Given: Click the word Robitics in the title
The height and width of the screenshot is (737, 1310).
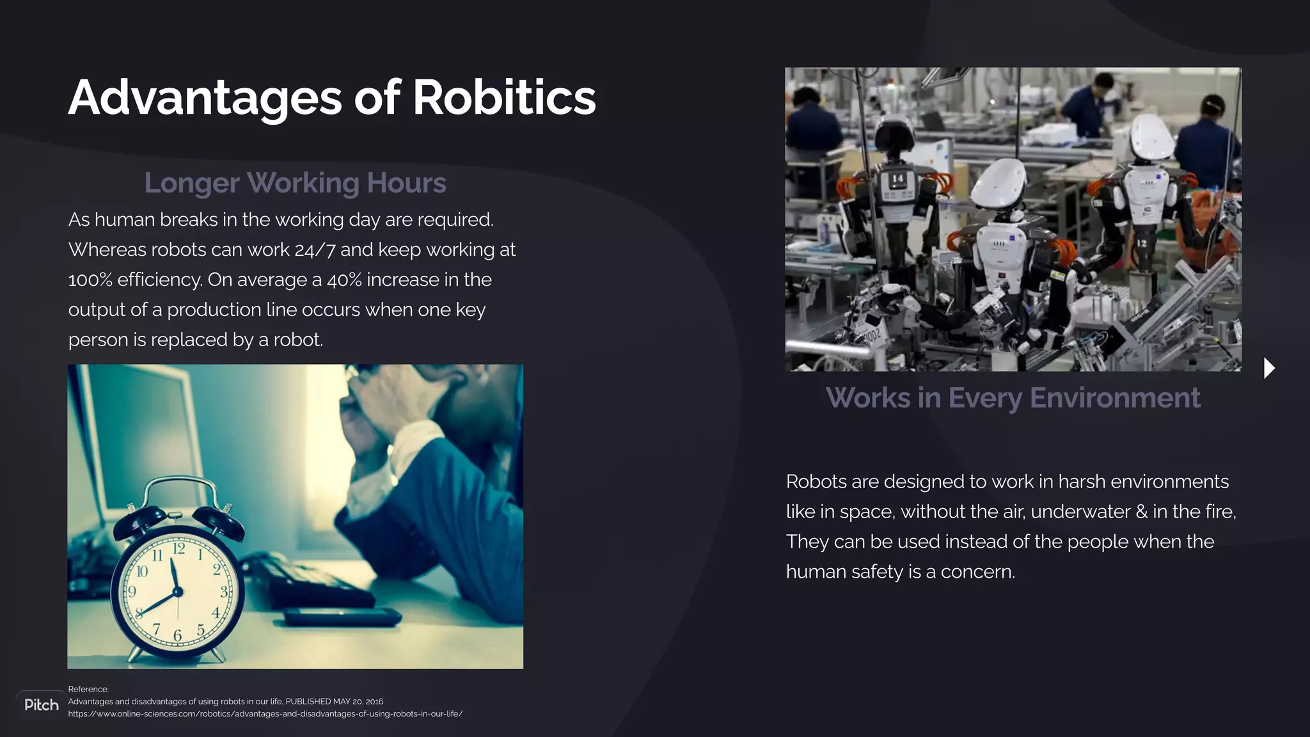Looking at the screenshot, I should point(504,98).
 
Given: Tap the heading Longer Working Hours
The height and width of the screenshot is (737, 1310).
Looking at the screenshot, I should point(295,183).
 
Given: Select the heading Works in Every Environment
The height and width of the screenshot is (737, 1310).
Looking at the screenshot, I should point(1013,398).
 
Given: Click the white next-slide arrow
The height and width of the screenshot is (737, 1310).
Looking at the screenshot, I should point(1269,368).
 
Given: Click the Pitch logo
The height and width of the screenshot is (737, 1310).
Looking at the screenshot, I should point(42,705).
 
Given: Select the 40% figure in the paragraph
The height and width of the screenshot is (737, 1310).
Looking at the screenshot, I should point(344,280).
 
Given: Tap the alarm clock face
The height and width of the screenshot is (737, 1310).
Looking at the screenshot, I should point(177,591).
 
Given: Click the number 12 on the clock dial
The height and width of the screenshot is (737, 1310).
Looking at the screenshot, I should point(179,548).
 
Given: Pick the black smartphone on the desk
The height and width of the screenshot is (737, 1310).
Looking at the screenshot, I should point(342,617).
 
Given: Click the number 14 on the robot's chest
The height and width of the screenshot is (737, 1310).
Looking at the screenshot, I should point(898,178).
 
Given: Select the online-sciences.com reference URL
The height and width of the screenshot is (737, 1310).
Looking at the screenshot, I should point(265,714).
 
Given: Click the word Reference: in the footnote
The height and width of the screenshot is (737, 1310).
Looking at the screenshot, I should point(88,689).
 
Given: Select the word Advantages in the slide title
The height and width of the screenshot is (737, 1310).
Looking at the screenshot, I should point(205,98).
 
